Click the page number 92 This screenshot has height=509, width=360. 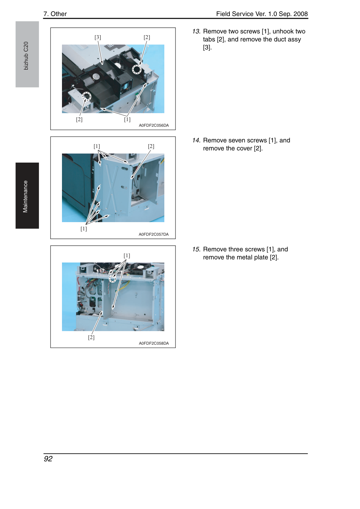(48, 459)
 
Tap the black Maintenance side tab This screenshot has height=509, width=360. (27, 195)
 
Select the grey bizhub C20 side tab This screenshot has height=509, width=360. (27, 54)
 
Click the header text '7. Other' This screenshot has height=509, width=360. (55, 14)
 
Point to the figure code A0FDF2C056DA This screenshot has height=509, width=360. (154, 125)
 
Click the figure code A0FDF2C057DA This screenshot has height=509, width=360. (154, 234)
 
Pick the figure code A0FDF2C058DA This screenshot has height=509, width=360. (154, 343)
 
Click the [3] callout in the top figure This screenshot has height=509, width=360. (98, 37)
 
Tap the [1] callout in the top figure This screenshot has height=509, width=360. (127, 119)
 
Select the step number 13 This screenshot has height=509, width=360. (196, 31)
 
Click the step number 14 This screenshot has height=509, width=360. (196, 140)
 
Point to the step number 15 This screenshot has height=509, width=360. (196, 249)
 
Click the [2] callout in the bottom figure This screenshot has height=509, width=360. (91, 337)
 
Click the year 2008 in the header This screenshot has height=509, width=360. (301, 14)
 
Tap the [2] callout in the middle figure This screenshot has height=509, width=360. (151, 146)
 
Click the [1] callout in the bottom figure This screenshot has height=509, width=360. (127, 256)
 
